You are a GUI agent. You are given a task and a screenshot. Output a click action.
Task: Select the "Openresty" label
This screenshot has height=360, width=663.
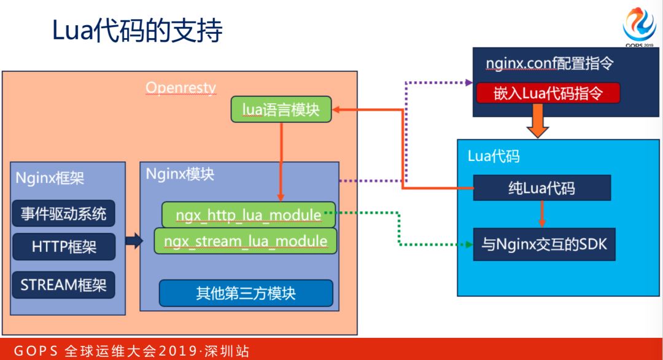(x=180, y=88)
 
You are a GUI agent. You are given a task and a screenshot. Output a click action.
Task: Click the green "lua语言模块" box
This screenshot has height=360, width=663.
(x=281, y=109)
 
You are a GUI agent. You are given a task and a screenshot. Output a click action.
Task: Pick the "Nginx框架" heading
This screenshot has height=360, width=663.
(x=50, y=179)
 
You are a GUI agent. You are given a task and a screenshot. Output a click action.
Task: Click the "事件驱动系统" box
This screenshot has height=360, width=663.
(x=63, y=213)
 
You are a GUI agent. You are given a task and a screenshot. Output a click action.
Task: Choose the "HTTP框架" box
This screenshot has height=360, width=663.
(x=64, y=247)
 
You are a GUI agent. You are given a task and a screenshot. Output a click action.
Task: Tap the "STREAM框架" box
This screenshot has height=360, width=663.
(x=64, y=285)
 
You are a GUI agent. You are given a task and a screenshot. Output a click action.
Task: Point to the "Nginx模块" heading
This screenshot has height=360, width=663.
(x=180, y=174)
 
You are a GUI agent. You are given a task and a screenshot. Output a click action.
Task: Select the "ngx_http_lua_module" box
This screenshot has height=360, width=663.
(x=249, y=214)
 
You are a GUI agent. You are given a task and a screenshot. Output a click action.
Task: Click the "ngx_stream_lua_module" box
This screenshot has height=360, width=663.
(x=246, y=241)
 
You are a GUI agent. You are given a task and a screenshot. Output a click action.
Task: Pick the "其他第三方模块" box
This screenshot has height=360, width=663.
(x=246, y=293)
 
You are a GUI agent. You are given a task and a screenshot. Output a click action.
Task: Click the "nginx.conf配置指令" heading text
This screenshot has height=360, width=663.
(x=551, y=63)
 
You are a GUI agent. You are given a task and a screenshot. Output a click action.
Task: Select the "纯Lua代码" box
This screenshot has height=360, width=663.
(x=541, y=187)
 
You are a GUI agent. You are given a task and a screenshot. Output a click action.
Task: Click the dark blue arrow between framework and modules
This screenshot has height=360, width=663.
(x=134, y=241)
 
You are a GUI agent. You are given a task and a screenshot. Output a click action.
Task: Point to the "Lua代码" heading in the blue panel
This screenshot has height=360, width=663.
(x=494, y=156)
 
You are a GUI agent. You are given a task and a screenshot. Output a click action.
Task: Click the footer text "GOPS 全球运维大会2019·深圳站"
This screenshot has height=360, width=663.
(x=132, y=351)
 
